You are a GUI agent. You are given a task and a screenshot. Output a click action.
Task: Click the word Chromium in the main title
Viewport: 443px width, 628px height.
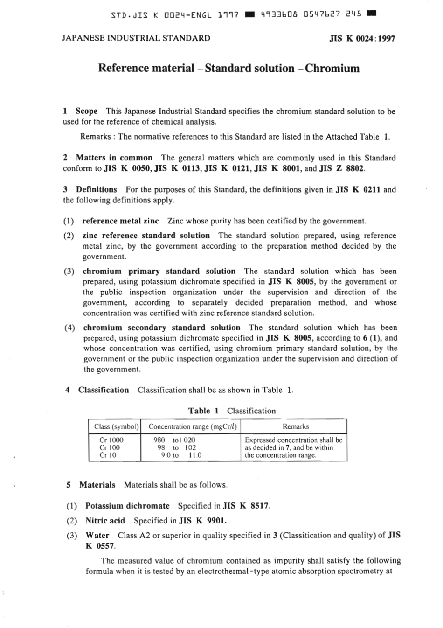(332, 68)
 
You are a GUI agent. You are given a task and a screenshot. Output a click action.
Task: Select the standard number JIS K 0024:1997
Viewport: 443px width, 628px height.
(362, 39)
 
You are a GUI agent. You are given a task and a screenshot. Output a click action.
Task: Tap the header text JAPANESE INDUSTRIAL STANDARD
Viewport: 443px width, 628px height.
(136, 38)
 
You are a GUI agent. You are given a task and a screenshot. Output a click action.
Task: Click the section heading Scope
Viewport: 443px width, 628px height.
(86, 111)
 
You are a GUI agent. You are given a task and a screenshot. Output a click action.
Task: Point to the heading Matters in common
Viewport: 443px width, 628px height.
(114, 158)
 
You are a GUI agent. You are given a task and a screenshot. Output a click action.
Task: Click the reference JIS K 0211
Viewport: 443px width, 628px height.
(358, 189)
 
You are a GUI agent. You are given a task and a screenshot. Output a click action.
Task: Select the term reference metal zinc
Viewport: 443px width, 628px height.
(120, 221)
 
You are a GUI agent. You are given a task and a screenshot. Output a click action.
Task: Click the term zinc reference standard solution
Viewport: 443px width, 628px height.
(146, 236)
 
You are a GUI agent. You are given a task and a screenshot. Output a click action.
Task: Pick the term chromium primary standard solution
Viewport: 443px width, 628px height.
(159, 271)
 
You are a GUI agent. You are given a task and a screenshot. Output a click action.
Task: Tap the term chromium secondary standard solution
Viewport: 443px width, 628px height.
(162, 328)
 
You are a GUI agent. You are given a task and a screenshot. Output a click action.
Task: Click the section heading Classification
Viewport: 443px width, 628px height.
(103, 390)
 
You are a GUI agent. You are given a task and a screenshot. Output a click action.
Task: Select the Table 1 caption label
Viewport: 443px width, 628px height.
(203, 411)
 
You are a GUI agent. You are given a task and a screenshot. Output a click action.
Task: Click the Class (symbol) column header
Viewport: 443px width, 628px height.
(117, 426)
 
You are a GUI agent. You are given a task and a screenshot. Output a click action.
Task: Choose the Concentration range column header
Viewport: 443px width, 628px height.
(193, 426)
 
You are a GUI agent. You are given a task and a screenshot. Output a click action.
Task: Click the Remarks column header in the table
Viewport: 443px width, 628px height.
(296, 426)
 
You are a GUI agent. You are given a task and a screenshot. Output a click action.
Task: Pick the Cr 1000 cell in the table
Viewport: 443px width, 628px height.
(111, 440)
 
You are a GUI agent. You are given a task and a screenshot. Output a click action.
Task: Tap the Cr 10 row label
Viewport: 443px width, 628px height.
(108, 455)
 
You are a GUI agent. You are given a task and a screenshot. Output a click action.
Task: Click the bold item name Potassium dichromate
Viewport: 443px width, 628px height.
(127, 506)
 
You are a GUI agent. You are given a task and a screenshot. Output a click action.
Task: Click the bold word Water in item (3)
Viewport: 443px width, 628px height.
(97, 536)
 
